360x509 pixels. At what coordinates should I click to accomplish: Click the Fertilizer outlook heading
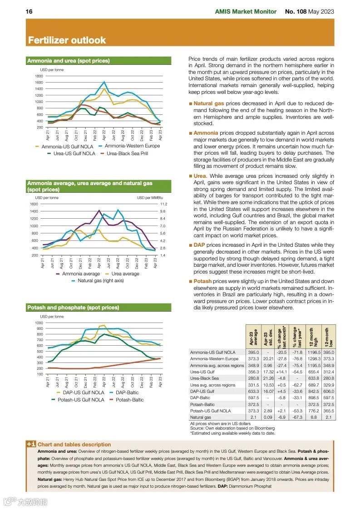pyautogui.click(x=67, y=40)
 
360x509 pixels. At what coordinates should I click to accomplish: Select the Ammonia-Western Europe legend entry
pyautogui.click(x=132, y=146)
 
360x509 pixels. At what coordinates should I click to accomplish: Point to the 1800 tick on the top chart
pyautogui.click(x=39, y=76)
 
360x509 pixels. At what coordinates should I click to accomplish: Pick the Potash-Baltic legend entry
pyautogui.click(x=129, y=400)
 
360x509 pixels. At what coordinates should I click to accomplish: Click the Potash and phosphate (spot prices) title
pyautogui.click(x=73, y=308)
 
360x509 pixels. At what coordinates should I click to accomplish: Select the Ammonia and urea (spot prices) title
pyautogui.click(x=69, y=60)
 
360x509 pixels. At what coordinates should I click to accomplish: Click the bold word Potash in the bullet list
pyautogui.click(x=202, y=281)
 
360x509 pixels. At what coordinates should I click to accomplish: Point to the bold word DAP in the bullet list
pyautogui.click(x=199, y=245)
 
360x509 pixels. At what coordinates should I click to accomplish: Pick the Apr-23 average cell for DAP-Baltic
pyautogui.click(x=253, y=397)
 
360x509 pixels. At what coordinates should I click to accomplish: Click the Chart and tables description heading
pyautogui.click(x=74, y=445)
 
